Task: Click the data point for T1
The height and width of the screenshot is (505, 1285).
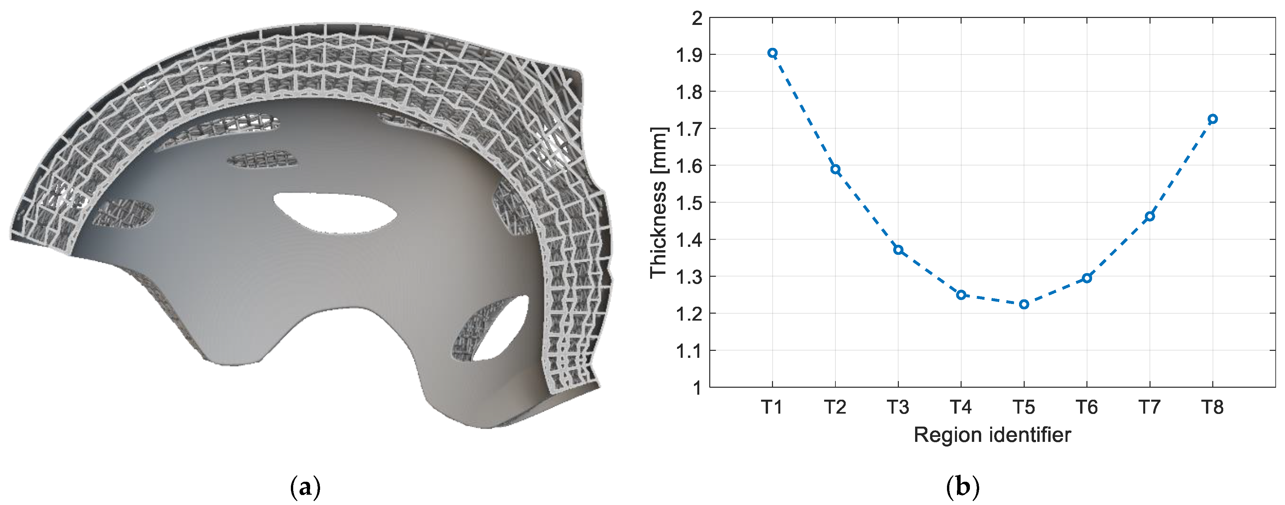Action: click(772, 53)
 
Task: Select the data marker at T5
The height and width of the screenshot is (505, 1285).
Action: click(1024, 304)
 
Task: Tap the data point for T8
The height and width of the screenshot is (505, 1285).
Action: click(1213, 119)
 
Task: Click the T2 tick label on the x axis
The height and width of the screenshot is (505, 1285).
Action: click(835, 407)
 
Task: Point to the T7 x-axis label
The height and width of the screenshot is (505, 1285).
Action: click(1150, 407)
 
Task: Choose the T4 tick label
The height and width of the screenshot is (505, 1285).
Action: click(961, 407)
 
